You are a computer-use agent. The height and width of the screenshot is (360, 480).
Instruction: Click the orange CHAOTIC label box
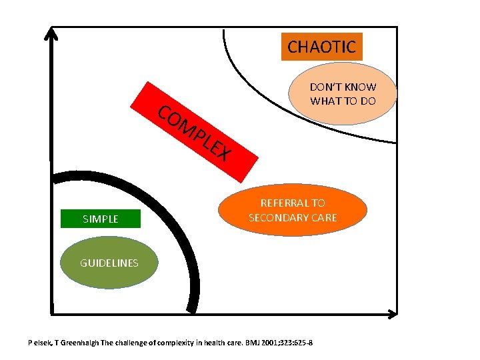point(321,47)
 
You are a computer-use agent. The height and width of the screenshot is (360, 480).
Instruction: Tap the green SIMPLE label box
point(100,219)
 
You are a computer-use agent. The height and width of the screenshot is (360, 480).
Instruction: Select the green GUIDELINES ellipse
point(109,263)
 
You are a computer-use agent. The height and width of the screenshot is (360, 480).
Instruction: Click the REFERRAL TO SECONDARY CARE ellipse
point(293,210)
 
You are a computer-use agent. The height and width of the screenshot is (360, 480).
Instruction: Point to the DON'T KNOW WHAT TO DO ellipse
point(343,94)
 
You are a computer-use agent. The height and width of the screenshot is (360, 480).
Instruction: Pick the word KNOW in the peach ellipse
point(361,87)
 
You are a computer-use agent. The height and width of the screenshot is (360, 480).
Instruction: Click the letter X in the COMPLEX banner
point(225,155)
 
